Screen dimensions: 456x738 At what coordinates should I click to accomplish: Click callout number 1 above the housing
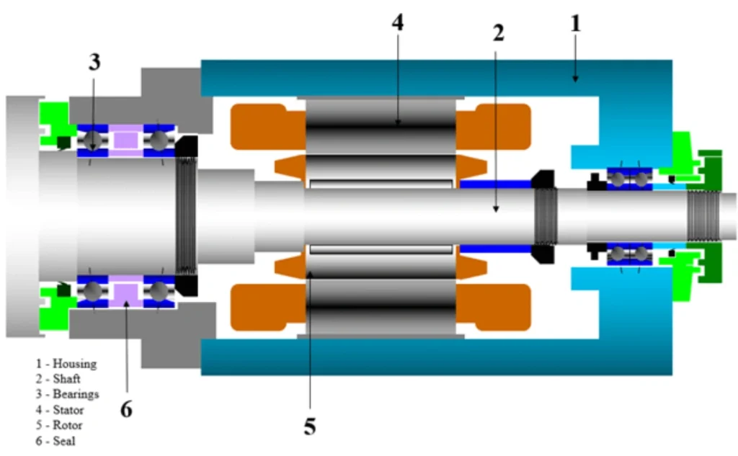coord(574,23)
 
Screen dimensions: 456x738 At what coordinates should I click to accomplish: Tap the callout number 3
coord(94,61)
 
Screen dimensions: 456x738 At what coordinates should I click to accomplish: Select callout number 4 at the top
coord(397,22)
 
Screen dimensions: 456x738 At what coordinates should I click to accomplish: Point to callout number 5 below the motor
coord(309,426)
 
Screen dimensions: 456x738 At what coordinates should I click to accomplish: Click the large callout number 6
coord(126,409)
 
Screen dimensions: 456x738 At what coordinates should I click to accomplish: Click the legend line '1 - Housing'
coord(66,364)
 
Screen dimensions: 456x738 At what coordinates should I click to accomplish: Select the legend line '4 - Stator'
coord(61,410)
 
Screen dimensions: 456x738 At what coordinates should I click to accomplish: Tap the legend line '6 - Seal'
coord(56,441)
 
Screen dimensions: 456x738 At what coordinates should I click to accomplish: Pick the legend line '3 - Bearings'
coord(68,395)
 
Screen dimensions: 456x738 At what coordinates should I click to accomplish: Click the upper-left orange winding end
coord(259,127)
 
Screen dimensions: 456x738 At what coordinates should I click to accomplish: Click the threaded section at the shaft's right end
coord(703,215)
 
